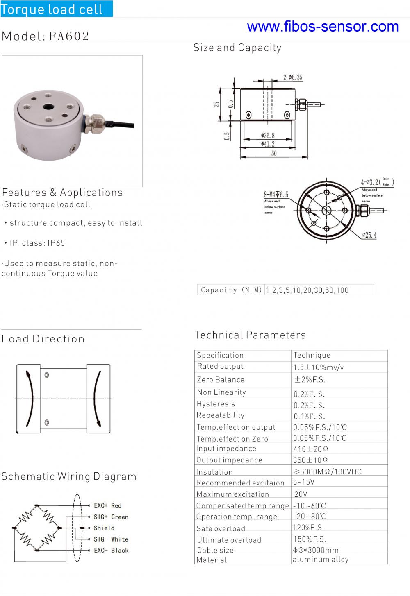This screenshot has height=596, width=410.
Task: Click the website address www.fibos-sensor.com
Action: click(323, 27)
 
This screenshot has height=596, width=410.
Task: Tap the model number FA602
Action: click(69, 36)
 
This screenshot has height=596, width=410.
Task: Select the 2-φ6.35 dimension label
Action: click(293, 77)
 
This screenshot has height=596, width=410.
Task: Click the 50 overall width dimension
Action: click(274, 154)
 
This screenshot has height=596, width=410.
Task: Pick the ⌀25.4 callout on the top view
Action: click(369, 235)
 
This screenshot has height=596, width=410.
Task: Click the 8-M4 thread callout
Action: click(276, 195)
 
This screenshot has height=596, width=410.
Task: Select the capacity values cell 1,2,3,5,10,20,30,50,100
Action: click(307, 290)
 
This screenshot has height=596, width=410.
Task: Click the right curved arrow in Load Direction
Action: click(97, 399)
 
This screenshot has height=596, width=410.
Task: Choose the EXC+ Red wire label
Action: click(107, 505)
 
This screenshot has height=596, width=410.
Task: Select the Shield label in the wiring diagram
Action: click(104, 528)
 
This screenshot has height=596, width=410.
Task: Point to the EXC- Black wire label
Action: click(111, 550)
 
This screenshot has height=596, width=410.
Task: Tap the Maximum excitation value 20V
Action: click(301, 494)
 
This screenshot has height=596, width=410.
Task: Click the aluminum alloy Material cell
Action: click(321, 560)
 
